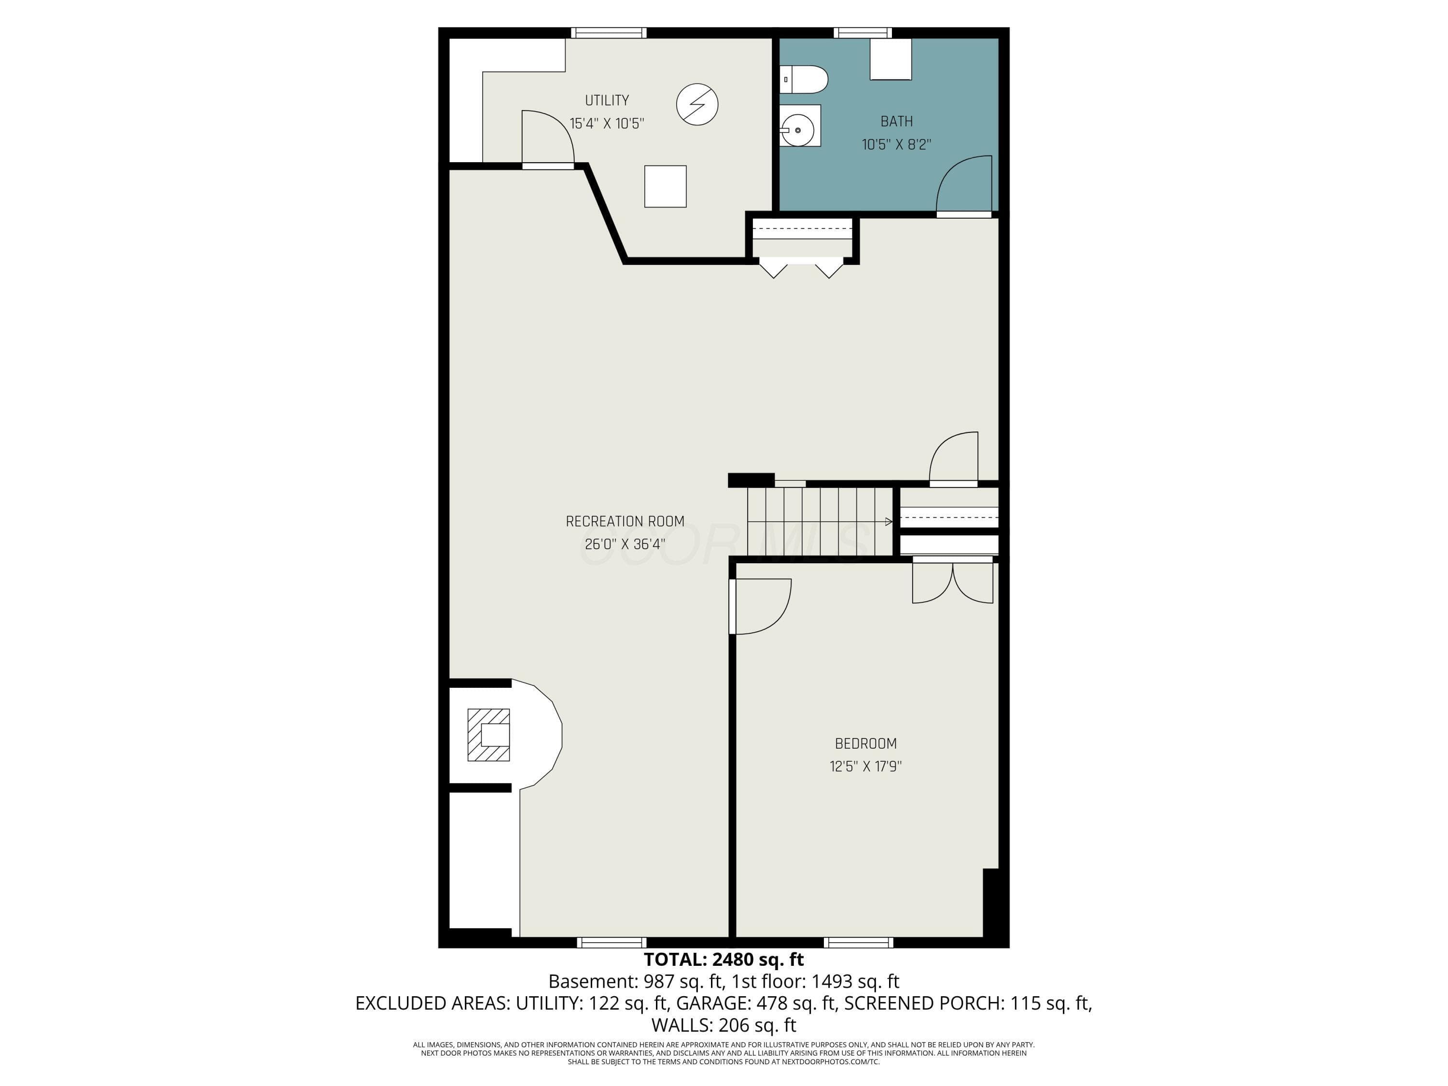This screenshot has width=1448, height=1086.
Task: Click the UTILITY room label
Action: point(607,100)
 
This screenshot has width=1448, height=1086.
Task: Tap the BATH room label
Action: point(896,121)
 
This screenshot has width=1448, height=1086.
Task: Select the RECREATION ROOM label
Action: point(625,521)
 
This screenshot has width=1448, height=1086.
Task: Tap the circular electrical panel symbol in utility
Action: point(696,104)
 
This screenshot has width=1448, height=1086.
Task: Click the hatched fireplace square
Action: point(488,735)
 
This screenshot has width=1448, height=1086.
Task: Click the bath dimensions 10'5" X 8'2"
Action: point(896,144)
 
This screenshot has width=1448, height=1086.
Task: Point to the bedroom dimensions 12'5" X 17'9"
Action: point(865,766)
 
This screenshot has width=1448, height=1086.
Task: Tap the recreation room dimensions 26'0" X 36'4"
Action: point(625,544)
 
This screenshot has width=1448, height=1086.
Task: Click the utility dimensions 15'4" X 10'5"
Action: point(607,123)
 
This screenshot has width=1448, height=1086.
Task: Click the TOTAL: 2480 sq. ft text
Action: point(724,960)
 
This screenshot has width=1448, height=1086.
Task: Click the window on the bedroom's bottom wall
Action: point(858,943)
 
